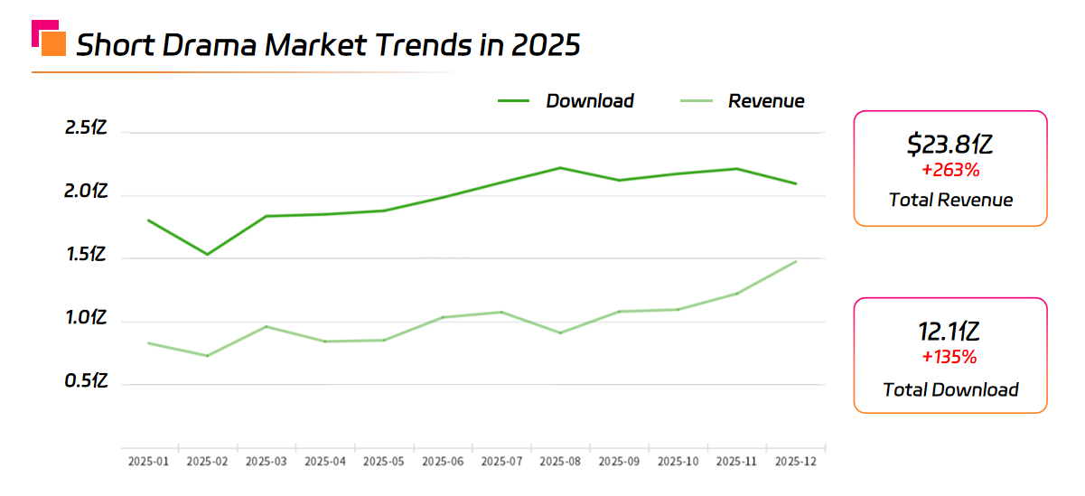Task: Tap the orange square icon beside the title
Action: [53, 43]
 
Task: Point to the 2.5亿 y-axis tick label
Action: [87, 128]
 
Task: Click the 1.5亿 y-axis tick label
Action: [87, 256]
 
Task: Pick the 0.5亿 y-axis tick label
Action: [87, 382]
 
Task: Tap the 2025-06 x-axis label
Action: [443, 462]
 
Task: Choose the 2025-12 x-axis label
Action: [795, 462]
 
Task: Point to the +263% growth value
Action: [950, 170]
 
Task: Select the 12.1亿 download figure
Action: [950, 332]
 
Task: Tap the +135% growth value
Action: [950, 357]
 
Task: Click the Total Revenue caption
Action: [950, 200]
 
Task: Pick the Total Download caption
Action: [950, 390]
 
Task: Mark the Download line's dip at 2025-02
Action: [206, 254]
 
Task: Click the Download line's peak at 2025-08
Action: [560, 168]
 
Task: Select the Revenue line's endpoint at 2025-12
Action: [796, 262]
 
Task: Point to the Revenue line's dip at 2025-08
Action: [560, 332]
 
